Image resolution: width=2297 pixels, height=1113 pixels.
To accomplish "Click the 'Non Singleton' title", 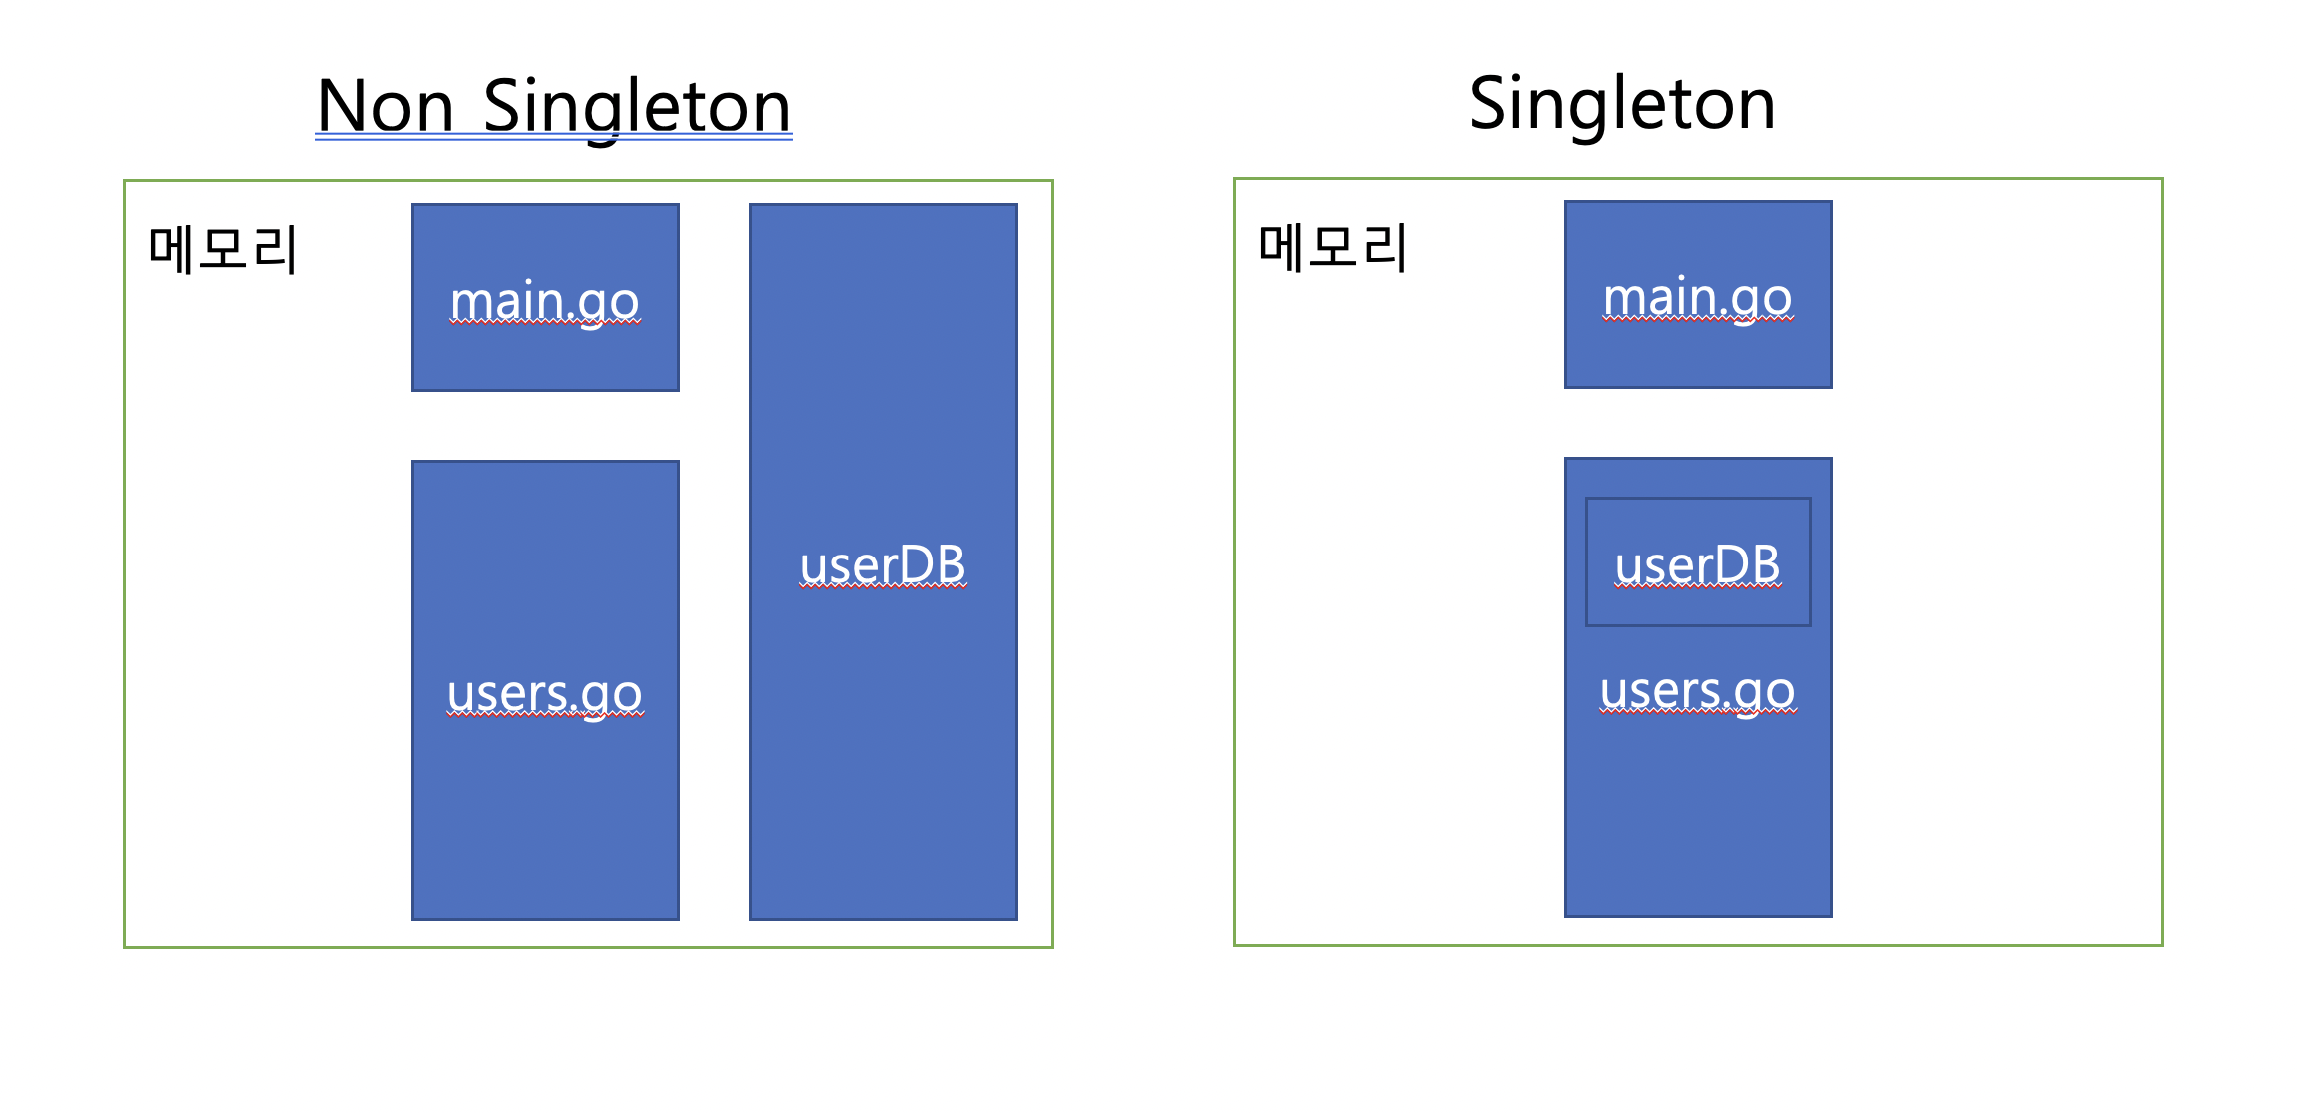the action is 554,106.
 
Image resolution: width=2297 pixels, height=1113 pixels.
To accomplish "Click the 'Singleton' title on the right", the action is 1622,104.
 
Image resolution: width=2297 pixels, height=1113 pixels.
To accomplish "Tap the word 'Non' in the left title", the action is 385,106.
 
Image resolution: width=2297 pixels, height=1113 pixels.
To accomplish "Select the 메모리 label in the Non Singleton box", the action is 222,249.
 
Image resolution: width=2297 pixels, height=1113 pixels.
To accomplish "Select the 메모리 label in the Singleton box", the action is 1332,247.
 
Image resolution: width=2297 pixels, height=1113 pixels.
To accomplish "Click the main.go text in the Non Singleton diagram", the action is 545,302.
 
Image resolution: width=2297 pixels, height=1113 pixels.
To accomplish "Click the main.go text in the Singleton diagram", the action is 1698,299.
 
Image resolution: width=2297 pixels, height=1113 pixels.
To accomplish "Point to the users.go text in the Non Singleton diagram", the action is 545,694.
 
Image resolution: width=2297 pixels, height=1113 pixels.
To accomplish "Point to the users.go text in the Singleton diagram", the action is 1698,691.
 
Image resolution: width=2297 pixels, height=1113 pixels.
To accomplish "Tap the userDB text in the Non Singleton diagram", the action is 883,565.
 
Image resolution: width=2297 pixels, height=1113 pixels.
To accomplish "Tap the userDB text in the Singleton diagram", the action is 1698,565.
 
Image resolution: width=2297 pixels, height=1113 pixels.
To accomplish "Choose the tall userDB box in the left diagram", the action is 883,561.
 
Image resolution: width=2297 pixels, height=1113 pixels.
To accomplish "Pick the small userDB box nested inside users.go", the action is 1698,561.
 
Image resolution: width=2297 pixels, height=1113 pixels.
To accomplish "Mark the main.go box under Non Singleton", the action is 545,297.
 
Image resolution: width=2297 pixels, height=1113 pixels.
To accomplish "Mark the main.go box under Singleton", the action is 1698,294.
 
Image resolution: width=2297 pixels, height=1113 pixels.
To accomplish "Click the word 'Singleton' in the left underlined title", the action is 637,108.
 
